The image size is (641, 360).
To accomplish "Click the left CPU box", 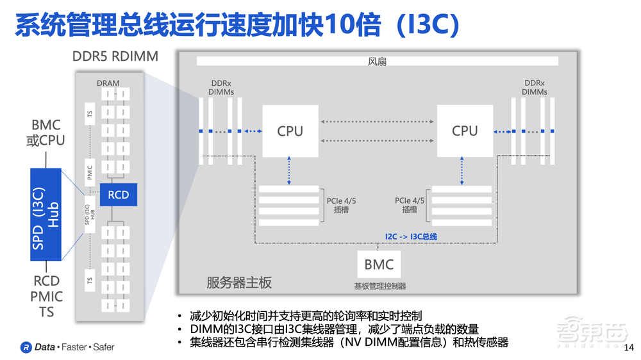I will (290, 131).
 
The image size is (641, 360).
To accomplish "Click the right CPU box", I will (465, 131).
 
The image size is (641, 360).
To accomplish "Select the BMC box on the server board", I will (379, 264).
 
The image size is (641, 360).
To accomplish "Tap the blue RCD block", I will (118, 194).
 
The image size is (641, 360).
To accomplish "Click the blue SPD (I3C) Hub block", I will (46, 214).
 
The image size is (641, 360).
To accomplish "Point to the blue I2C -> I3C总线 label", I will (411, 236).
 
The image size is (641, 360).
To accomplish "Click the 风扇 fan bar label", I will (377, 61).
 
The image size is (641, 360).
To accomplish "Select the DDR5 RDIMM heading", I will (115, 57).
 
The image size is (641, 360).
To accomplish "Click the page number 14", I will (628, 347).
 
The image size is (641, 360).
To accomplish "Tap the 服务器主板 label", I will (238, 282).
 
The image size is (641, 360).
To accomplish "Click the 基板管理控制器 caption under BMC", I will (379, 286).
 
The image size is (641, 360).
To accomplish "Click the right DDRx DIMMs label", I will (534, 88).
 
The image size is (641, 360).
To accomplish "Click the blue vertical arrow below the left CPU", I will (289, 171).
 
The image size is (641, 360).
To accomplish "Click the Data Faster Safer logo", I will (67, 347).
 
